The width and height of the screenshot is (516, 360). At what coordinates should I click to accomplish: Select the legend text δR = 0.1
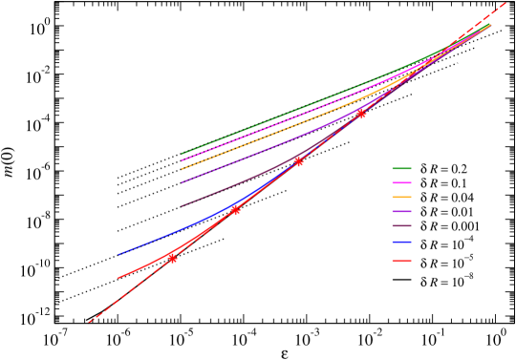click(445, 181)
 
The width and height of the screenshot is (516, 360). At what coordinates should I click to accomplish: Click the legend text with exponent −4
click(447, 243)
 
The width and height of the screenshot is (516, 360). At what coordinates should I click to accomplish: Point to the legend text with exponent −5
click(447, 262)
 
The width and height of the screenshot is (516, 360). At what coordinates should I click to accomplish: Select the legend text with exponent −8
click(447, 281)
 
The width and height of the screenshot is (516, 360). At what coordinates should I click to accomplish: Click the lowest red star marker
click(172, 258)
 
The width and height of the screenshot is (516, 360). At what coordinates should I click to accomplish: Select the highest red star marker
click(361, 114)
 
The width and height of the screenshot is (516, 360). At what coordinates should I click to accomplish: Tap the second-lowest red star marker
click(235, 210)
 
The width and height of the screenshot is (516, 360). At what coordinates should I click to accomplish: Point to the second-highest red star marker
click(298, 161)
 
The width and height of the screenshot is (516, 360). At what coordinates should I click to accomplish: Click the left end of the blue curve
click(118, 254)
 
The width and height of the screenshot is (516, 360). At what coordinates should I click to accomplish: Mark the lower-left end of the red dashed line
click(89, 322)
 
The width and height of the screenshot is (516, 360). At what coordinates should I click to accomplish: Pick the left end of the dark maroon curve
click(182, 205)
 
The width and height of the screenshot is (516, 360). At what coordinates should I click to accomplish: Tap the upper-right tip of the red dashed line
click(504, 3)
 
